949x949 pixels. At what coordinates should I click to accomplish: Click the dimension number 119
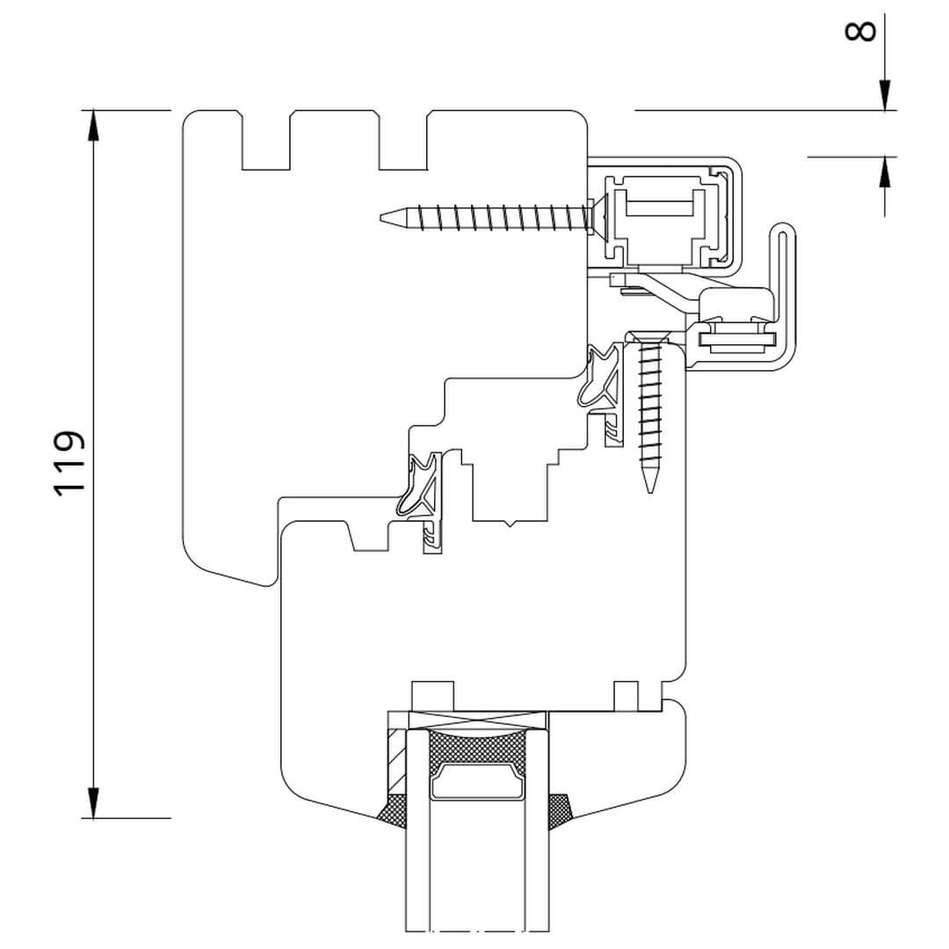69,463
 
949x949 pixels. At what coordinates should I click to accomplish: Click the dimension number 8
860,31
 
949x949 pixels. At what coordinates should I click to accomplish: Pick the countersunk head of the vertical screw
648,337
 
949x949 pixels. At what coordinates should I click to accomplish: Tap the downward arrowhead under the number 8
884,95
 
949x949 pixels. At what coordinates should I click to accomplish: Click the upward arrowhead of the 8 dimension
884,171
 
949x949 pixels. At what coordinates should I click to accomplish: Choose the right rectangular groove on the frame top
402,141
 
